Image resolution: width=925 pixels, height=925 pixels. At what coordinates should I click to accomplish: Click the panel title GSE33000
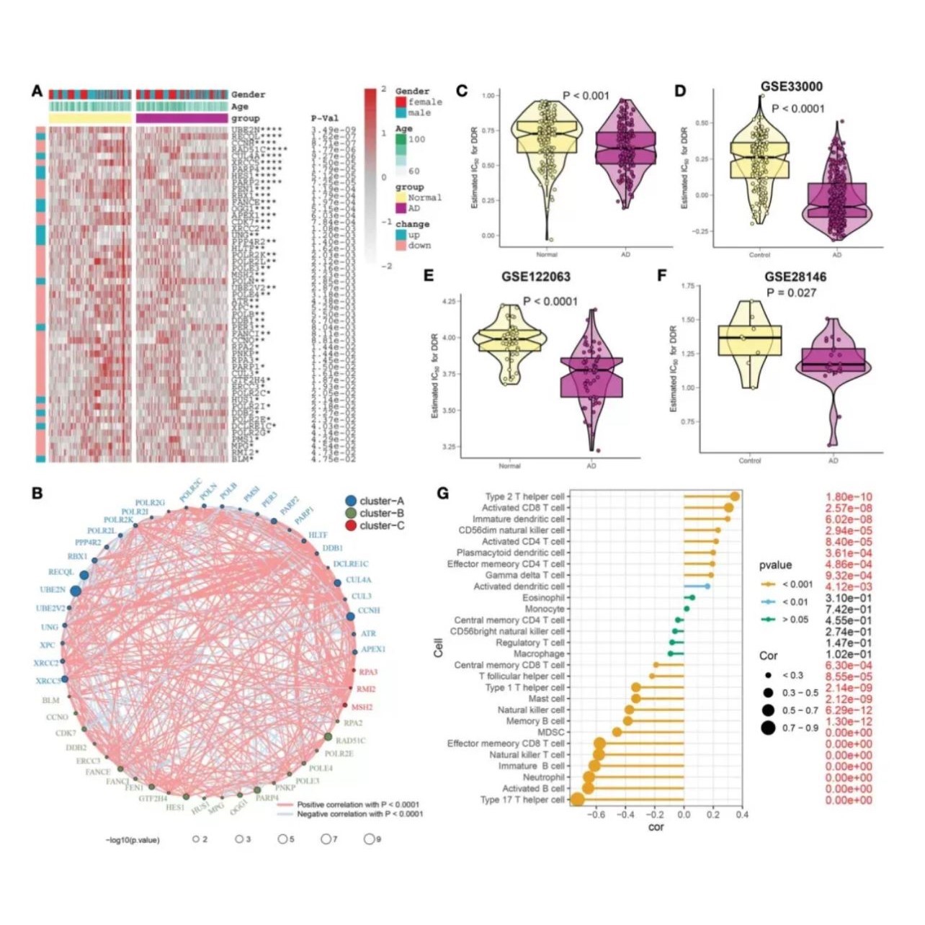click(791, 86)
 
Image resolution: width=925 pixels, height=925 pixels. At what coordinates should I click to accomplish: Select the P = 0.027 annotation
click(791, 292)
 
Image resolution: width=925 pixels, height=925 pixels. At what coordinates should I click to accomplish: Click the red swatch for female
click(401, 102)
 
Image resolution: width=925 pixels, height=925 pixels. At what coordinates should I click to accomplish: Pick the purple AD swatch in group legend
click(401, 208)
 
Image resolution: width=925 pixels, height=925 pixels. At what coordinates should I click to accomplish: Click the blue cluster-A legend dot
click(351, 501)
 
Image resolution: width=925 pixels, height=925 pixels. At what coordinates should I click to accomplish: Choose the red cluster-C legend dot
click(351, 526)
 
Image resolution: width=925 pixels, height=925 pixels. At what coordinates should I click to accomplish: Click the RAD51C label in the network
click(351, 740)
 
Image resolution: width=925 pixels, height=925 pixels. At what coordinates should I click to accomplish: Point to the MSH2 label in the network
click(362, 707)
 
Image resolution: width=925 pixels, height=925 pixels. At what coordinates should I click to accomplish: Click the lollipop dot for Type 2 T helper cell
click(735, 496)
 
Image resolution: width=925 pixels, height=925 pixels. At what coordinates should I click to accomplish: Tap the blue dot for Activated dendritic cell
click(707, 586)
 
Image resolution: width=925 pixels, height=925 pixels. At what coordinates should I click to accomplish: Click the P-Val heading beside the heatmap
click(325, 118)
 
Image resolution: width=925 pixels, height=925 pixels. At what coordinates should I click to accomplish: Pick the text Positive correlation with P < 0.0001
click(358, 804)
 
